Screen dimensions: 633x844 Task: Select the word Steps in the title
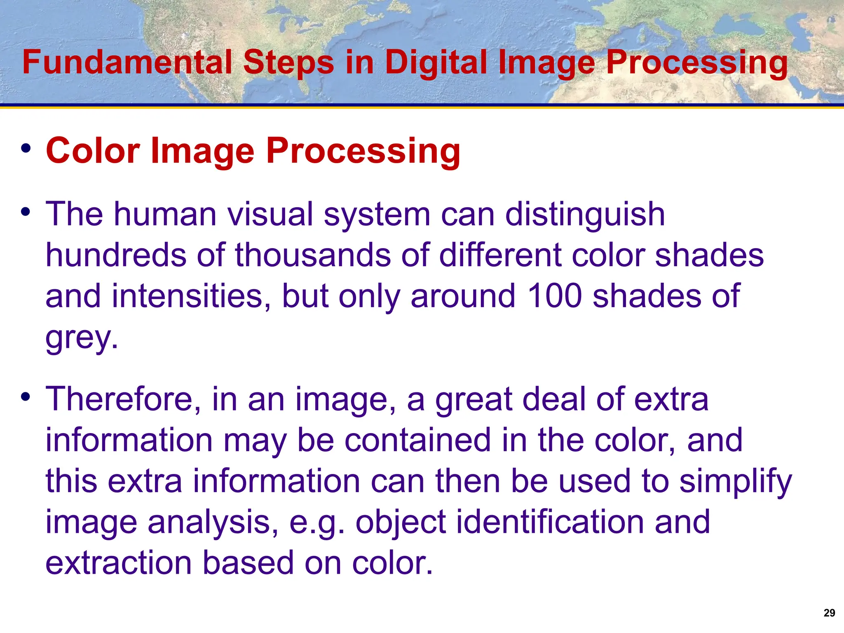coord(288,63)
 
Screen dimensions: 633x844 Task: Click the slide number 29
coord(829,613)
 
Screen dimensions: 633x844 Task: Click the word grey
coord(81,338)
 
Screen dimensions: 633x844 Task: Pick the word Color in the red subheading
coord(93,151)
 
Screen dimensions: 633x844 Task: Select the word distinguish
coord(585,214)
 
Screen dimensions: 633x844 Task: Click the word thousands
coord(313,255)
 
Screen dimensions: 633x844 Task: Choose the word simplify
coord(736,481)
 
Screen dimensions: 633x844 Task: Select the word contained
coord(417,440)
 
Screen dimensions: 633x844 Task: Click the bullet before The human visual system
coord(26,213)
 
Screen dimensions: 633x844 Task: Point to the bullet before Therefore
coord(26,397)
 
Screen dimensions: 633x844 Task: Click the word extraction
coord(119,563)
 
